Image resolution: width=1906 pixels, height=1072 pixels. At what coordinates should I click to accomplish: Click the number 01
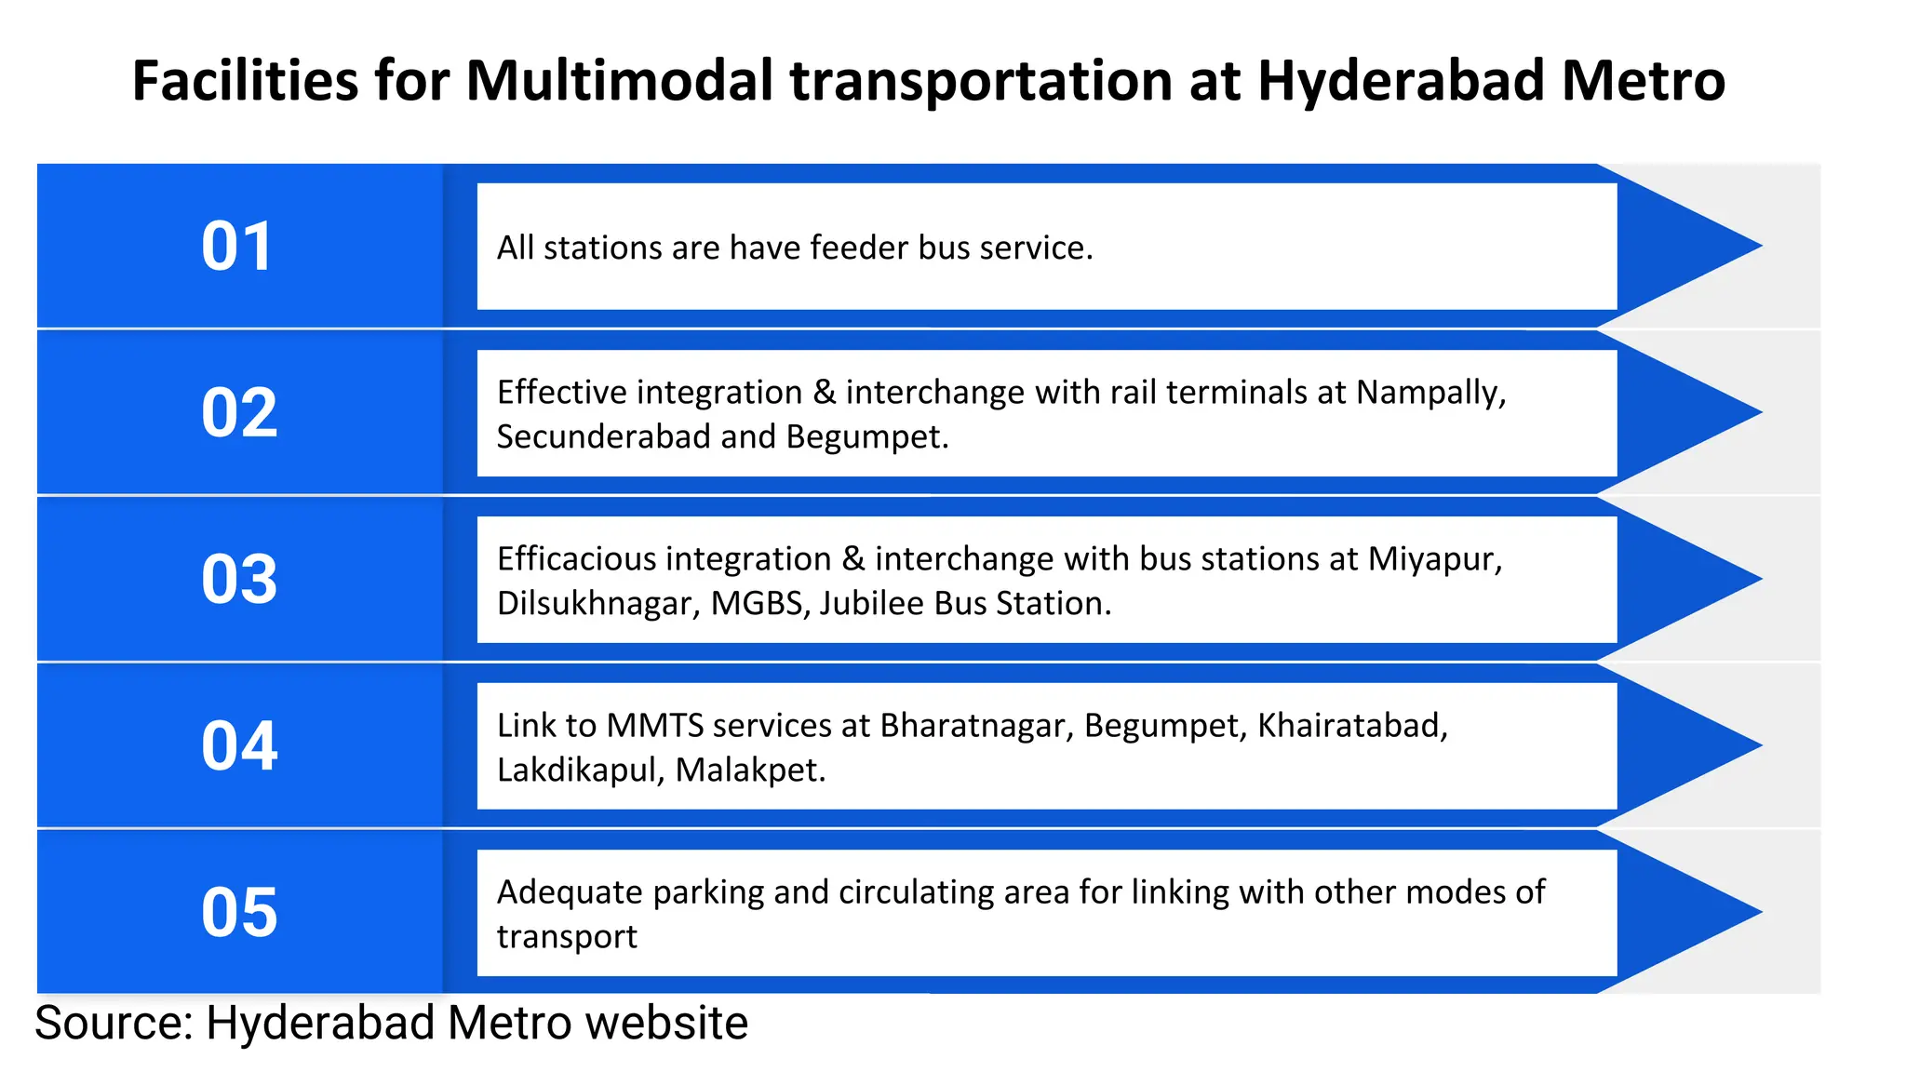pyautogui.click(x=238, y=247)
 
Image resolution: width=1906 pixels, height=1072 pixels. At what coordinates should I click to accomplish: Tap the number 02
pyautogui.click(x=239, y=412)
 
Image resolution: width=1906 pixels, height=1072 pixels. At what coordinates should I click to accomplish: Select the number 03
pyautogui.click(x=239, y=579)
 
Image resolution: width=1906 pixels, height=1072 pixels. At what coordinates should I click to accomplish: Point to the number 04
pyautogui.click(x=239, y=745)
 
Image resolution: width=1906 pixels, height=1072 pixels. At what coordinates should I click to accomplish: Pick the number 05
pyautogui.click(x=239, y=912)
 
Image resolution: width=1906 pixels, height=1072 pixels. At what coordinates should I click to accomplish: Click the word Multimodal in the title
pyautogui.click(x=619, y=81)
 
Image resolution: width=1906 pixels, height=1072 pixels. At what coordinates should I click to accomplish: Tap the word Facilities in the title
pyautogui.click(x=245, y=81)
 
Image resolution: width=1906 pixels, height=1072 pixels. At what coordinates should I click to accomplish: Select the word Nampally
pyautogui.click(x=1430, y=394)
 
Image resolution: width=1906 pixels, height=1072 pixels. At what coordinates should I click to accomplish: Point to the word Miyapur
pyautogui.click(x=1434, y=560)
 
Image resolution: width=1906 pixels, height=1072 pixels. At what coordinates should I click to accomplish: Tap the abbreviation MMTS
pyautogui.click(x=655, y=726)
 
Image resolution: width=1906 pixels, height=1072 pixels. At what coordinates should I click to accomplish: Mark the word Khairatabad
pyautogui.click(x=1352, y=726)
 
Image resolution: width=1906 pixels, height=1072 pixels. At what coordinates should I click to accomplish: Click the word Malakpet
pyautogui.click(x=750, y=770)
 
